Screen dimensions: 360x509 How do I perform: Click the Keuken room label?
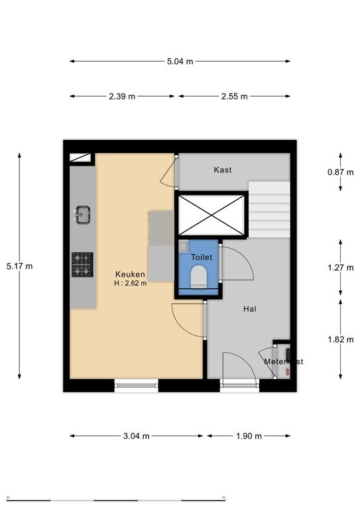130,274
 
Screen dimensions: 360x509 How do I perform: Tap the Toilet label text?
202,257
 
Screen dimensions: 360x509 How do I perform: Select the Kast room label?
223,170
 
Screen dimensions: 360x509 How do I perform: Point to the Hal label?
250,309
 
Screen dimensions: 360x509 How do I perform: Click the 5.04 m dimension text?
180,62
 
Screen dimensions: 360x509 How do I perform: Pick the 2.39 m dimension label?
122,96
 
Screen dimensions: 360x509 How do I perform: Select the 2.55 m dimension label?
235,96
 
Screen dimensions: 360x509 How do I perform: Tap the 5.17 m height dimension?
19,266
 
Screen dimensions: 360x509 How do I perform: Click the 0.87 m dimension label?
340,172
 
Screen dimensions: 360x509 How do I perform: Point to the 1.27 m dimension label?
340,268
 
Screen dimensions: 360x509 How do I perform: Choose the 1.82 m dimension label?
340,339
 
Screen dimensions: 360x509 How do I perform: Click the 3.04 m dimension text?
137,436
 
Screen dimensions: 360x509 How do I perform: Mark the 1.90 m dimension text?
249,436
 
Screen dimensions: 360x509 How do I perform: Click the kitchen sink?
82,215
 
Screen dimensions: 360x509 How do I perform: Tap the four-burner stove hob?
82,264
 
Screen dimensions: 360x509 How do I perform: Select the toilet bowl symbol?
199,277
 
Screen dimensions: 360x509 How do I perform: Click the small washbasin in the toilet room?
184,247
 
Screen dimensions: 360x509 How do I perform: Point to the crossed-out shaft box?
211,215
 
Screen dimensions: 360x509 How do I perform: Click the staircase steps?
269,209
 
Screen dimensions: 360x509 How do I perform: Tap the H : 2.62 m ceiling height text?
130,283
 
